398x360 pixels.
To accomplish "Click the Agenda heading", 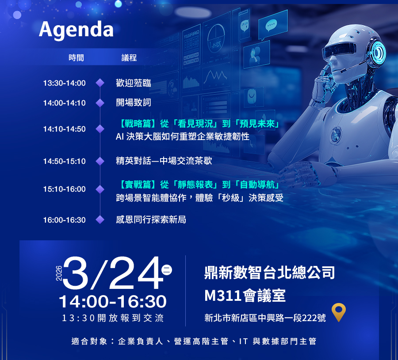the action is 76,30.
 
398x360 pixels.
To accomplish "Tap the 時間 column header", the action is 76,58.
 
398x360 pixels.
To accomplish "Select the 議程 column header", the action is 129,58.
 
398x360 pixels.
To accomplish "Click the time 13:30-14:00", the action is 65,83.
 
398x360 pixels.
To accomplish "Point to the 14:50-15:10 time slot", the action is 65,161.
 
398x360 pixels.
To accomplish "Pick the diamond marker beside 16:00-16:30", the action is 100,220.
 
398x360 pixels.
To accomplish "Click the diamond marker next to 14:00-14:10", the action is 100,103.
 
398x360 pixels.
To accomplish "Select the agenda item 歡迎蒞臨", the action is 134,83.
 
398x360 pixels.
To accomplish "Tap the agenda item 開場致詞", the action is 134,102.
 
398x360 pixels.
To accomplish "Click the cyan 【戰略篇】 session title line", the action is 199,124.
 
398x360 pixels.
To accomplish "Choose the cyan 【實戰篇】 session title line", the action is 199,185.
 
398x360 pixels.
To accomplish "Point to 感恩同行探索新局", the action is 151,220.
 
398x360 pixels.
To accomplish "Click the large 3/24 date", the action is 113,273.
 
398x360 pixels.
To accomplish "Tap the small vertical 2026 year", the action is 59,273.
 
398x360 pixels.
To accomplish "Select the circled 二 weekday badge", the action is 167,270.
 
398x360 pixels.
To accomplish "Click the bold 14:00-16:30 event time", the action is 113,302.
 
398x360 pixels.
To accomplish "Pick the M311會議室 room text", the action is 245,296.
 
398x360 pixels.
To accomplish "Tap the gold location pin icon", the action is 339,312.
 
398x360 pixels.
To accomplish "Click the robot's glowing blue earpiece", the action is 378,52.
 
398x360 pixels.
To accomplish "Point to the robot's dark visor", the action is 339,49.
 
